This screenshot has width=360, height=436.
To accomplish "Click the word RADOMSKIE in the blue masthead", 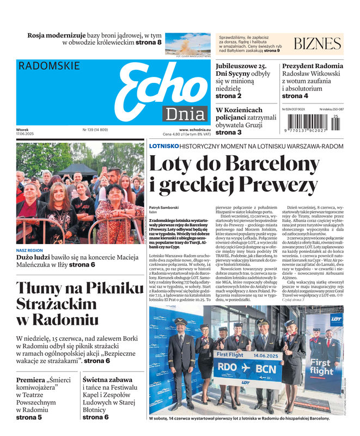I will tap(49, 66).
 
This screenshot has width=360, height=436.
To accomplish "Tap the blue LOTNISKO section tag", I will tap(163, 146).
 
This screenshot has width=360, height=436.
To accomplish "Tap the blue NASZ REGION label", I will tap(30, 251).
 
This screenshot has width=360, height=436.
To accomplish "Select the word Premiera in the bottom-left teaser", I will tap(31, 380).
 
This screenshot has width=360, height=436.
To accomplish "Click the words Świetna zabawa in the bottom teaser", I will tap(107, 380).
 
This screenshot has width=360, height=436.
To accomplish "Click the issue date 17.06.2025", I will tap(25, 134).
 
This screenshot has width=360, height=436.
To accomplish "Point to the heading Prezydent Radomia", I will tap(313, 66).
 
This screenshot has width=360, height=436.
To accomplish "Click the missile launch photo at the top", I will tap(188, 43).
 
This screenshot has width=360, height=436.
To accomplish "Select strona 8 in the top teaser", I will tap(148, 42).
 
